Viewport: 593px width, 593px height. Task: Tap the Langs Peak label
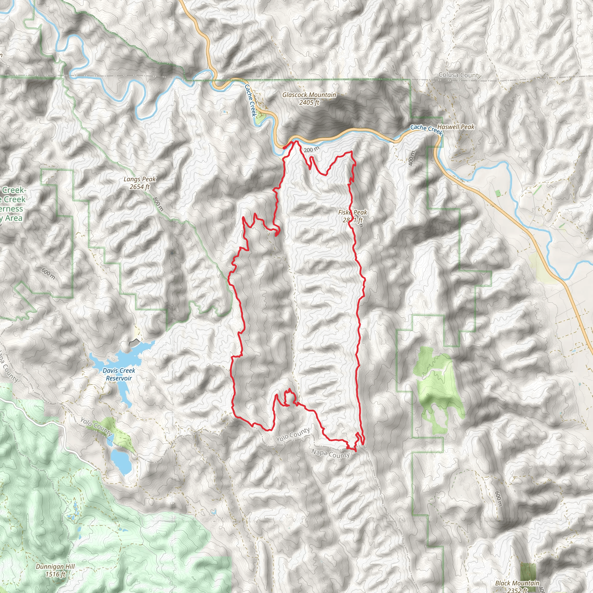click(x=140, y=179)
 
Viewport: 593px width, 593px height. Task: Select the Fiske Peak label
click(x=352, y=213)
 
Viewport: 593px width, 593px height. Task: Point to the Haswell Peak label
click(x=456, y=127)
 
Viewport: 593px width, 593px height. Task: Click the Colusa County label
click(x=459, y=75)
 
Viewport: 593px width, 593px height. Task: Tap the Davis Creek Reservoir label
click(x=119, y=374)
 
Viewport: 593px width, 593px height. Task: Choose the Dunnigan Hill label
click(x=55, y=567)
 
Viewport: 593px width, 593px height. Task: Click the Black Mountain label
click(x=517, y=583)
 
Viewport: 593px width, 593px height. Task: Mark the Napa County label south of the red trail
click(x=330, y=453)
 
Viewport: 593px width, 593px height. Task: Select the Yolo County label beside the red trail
click(x=293, y=435)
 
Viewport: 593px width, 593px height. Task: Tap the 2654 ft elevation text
click(x=140, y=187)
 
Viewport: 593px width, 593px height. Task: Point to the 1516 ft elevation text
click(x=56, y=574)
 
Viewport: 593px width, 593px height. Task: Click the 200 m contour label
click(x=312, y=149)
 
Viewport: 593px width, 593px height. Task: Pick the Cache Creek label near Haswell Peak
click(x=426, y=129)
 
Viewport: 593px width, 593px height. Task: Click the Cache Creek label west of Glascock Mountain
click(x=250, y=100)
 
